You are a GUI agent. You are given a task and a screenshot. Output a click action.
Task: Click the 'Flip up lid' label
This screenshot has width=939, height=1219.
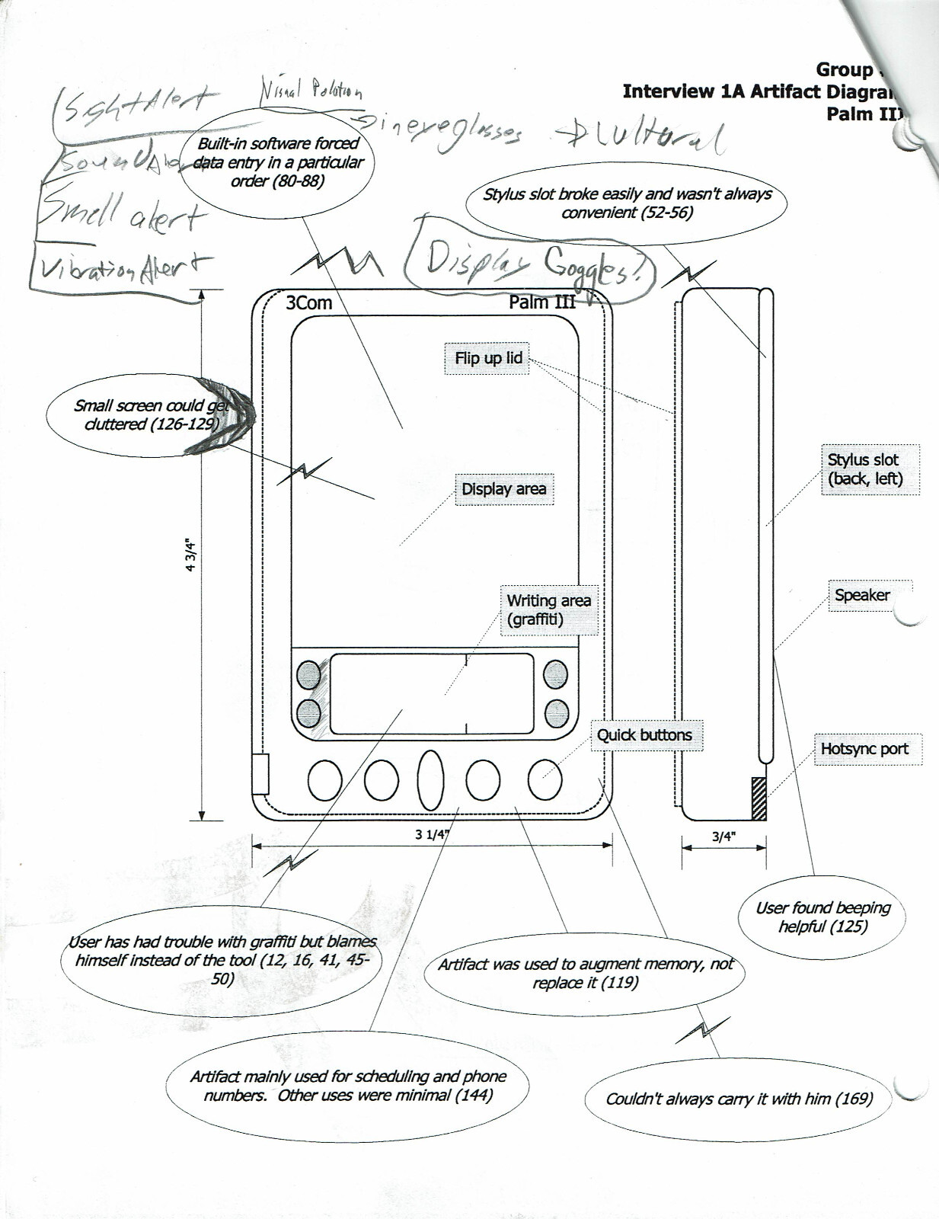[488, 358]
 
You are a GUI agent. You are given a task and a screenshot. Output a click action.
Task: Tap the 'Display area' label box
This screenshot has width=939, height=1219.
[503, 489]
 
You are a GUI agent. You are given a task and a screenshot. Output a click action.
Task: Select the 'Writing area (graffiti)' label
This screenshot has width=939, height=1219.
[548, 609]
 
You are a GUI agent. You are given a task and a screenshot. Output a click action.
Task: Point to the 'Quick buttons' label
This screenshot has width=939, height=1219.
[644, 735]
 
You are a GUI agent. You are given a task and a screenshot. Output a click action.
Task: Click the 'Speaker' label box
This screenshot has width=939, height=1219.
[862, 595]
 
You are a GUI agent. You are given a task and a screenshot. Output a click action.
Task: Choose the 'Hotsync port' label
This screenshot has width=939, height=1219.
[864, 749]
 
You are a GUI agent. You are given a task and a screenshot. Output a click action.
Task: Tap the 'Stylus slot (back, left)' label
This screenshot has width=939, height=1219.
[865, 469]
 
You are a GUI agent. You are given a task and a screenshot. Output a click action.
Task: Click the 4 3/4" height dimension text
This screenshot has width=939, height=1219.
[191, 555]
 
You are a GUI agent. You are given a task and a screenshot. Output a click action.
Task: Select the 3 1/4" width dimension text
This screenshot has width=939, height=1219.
[432, 834]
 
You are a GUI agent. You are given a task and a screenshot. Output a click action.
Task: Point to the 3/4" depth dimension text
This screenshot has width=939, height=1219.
[723, 837]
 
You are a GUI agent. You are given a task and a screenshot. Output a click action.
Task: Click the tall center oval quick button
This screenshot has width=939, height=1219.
[431, 779]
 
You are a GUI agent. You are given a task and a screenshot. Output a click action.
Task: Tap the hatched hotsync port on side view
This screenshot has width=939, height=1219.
[759, 798]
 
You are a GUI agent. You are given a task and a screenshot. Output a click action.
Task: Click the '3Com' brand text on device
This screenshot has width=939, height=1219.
[309, 302]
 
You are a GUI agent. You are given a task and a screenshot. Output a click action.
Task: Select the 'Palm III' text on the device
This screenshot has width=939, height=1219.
[542, 302]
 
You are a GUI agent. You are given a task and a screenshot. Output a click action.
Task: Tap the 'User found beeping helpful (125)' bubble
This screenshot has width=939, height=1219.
[822, 917]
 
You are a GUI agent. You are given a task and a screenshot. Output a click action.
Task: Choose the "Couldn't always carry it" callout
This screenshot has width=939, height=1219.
[738, 1099]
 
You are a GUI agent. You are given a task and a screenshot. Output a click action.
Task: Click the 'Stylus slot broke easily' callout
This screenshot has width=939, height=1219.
[627, 203]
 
